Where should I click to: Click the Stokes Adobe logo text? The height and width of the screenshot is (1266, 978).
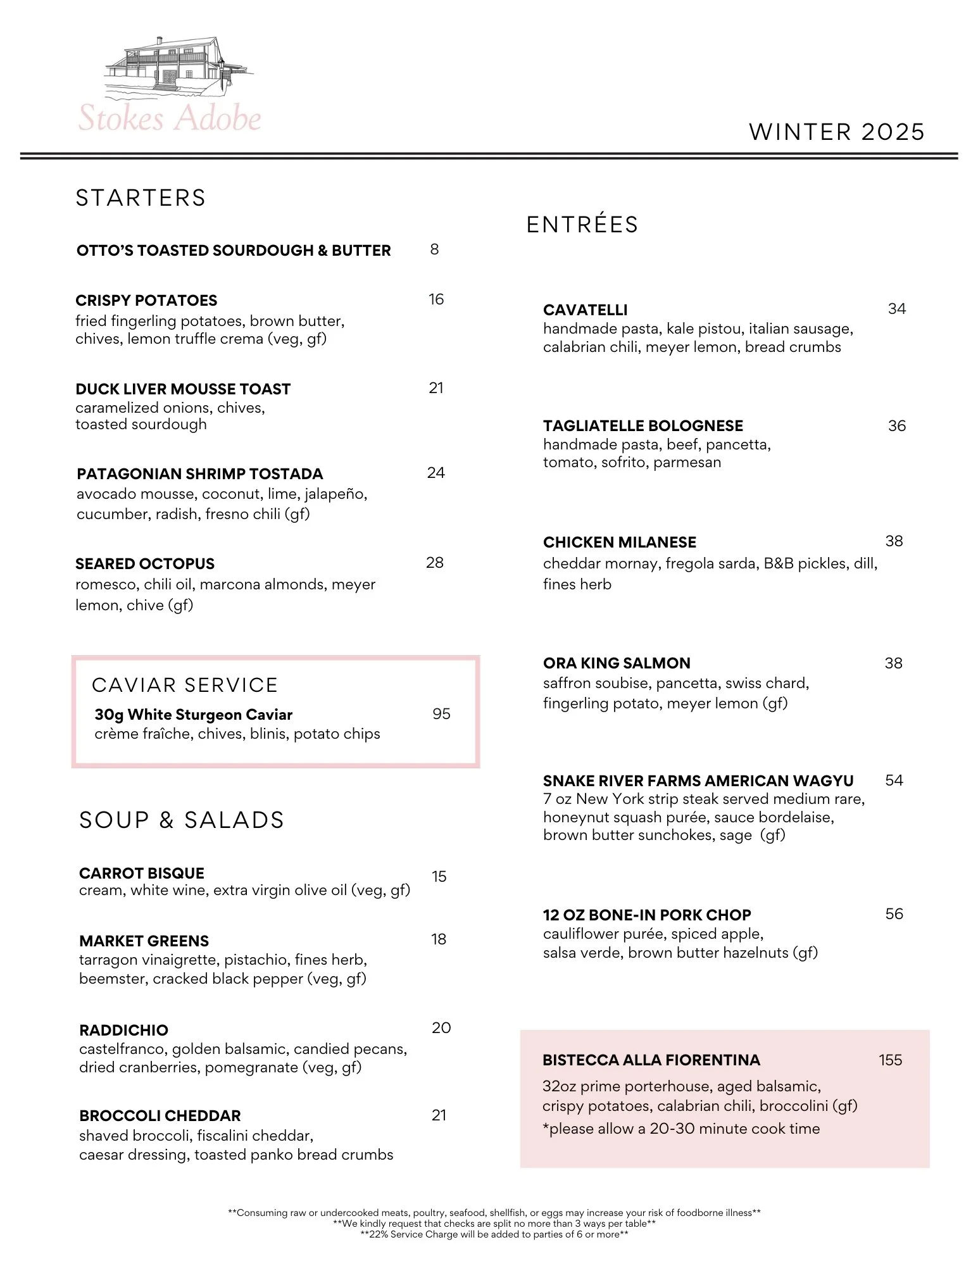170,118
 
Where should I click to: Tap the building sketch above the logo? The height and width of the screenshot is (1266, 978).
177,65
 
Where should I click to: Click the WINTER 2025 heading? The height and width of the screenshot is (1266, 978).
836,132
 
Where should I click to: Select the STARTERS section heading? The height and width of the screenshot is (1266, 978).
141,198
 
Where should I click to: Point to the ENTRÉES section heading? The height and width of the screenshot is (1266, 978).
582,225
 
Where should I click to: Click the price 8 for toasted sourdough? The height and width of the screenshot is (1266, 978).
434,249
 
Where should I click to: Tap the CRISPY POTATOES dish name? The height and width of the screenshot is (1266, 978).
146,301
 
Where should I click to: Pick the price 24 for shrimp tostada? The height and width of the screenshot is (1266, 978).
436,473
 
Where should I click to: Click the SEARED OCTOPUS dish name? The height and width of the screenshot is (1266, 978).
145,564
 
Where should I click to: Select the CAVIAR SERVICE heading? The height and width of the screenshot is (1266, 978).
185,685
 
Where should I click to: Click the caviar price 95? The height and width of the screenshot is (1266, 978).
441,714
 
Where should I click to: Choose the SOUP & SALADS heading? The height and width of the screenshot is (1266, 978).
182,820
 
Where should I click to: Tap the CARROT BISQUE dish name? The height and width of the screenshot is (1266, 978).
142,874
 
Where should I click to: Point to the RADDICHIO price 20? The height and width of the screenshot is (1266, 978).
441,1027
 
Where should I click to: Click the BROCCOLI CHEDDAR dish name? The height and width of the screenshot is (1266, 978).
160,1115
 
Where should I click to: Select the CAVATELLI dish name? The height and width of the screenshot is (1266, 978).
586,310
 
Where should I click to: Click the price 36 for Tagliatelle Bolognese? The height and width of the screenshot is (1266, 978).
896,426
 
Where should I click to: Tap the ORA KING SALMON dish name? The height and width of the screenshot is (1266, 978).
617,663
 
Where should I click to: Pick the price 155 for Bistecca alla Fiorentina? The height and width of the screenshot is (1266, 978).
890,1060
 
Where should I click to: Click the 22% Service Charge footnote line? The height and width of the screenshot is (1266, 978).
494,1234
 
